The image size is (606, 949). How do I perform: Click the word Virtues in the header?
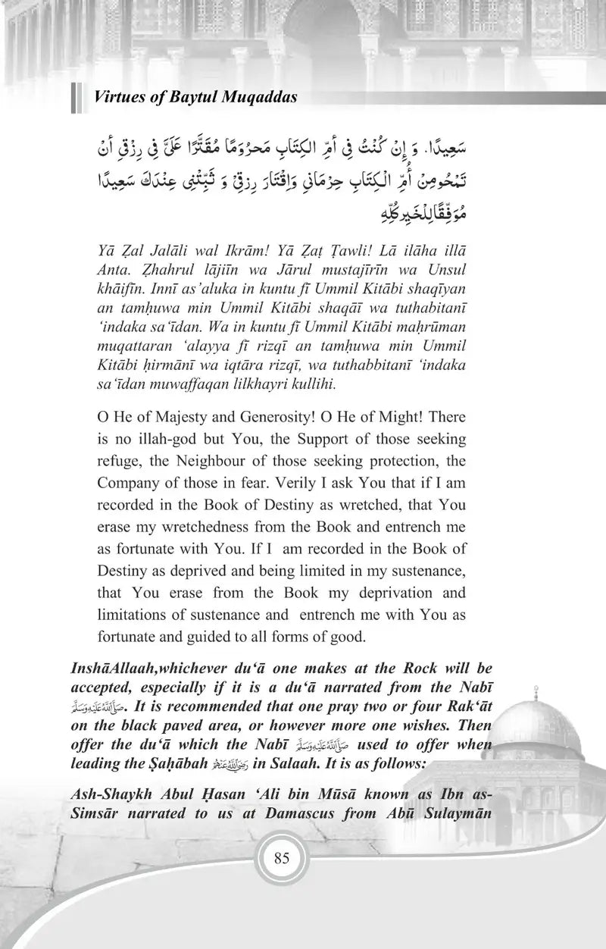point(116,98)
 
